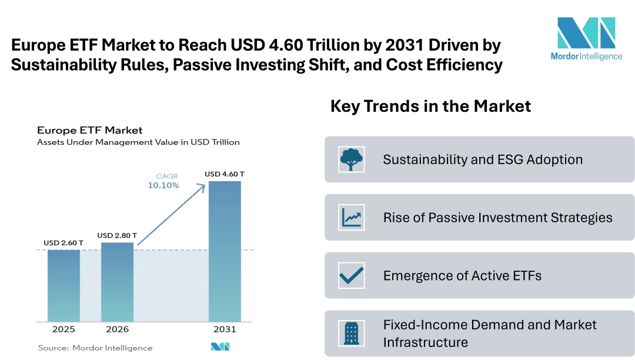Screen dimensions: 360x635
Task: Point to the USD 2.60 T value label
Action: click(63, 243)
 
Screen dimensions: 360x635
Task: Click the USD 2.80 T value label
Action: click(117, 235)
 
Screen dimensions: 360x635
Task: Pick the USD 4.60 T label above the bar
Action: click(224, 174)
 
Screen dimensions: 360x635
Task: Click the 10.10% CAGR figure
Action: click(163, 185)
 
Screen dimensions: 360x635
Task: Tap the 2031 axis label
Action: click(225, 329)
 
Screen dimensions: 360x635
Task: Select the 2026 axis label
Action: click(117, 329)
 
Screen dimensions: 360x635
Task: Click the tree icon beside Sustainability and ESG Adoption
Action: click(352, 159)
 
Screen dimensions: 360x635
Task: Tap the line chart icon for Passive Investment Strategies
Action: click(352, 217)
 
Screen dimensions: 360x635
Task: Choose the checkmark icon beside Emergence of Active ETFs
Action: click(352, 275)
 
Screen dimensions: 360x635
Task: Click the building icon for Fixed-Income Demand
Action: click(352, 333)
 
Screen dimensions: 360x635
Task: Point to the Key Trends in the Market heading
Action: click(430, 106)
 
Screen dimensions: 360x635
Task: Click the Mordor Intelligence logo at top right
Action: click(586, 38)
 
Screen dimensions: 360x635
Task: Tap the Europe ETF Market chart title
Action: click(89, 130)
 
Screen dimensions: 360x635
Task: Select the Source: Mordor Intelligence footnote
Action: click(95, 348)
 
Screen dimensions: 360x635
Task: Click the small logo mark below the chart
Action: click(220, 347)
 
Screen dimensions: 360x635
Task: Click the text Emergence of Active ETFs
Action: click(462, 275)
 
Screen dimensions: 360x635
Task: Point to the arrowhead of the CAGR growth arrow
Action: click(204, 185)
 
